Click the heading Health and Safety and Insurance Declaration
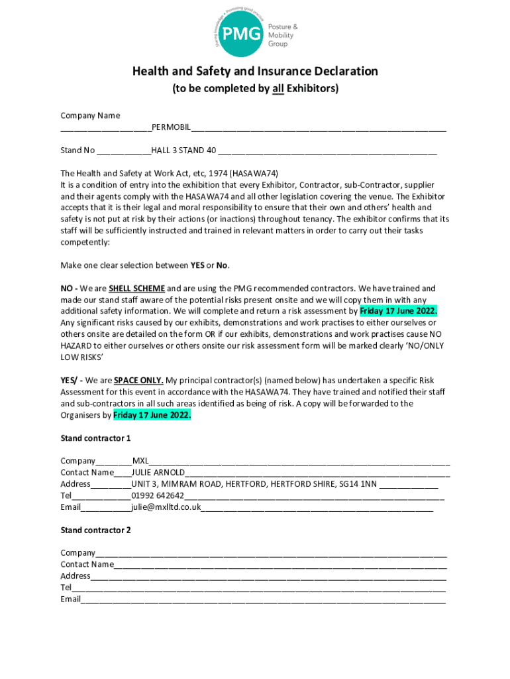click(x=255, y=71)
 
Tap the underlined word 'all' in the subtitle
click(x=278, y=89)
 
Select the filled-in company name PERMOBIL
click(x=171, y=127)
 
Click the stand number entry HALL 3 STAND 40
click(x=183, y=151)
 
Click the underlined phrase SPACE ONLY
click(x=138, y=381)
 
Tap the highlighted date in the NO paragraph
click(x=398, y=311)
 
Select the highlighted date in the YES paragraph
click(x=152, y=415)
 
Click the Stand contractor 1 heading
click(x=95, y=438)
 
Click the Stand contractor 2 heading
click(x=95, y=530)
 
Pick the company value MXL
click(x=140, y=461)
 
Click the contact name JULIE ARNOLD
click(x=158, y=473)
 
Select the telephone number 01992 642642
click(x=158, y=495)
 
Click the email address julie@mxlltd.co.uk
click(x=166, y=507)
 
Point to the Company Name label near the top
click(x=90, y=115)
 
